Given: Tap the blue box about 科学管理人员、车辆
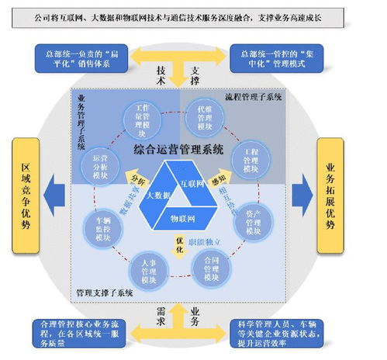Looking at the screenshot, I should [x=279, y=331].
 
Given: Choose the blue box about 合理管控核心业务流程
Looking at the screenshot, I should [x=81, y=331].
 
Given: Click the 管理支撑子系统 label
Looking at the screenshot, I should [x=104, y=293].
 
